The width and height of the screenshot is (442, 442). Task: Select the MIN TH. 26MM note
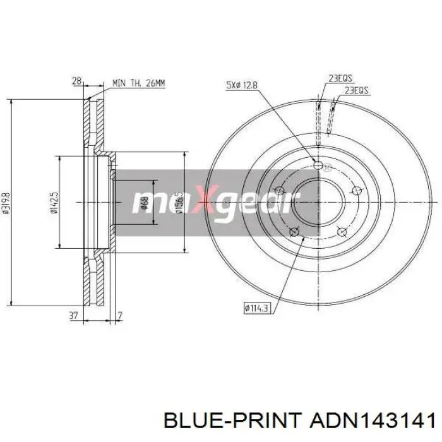(138, 83)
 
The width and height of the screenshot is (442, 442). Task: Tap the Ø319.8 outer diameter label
(7, 202)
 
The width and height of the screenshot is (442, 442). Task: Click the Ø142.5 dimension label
(55, 202)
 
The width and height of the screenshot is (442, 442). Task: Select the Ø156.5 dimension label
(179, 202)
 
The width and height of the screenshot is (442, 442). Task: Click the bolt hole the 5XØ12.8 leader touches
(318, 165)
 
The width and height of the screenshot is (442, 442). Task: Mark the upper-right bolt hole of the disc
(357, 190)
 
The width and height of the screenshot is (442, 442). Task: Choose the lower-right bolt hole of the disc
(342, 231)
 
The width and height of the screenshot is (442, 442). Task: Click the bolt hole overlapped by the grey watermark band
(278, 190)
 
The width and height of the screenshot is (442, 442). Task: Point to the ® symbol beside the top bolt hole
(327, 167)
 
